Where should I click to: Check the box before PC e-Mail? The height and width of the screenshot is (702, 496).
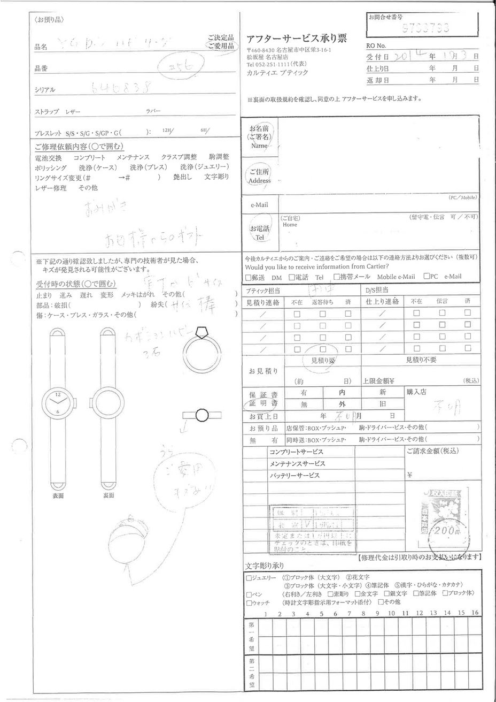click(427, 277)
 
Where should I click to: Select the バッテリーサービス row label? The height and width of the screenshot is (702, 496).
click(294, 475)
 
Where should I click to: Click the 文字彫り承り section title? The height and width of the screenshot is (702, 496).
click(265, 566)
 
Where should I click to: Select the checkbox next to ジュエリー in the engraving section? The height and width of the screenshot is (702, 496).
click(249, 578)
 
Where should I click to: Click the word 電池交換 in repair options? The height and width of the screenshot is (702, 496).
click(48, 158)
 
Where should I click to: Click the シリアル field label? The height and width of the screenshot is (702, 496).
click(45, 90)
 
